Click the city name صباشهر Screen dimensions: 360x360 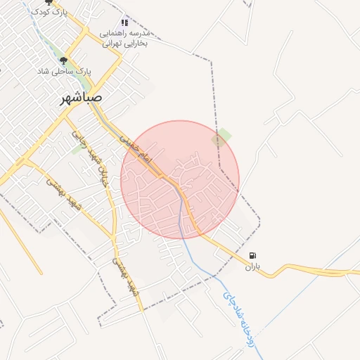point(81,98)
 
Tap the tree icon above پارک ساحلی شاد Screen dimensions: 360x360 point(64,61)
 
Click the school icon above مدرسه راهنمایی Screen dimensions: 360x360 point(125,22)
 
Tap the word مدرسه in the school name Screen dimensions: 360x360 point(141,33)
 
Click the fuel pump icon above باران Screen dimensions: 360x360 point(253,256)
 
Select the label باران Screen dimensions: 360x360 point(252,267)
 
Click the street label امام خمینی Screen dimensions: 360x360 point(134,148)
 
